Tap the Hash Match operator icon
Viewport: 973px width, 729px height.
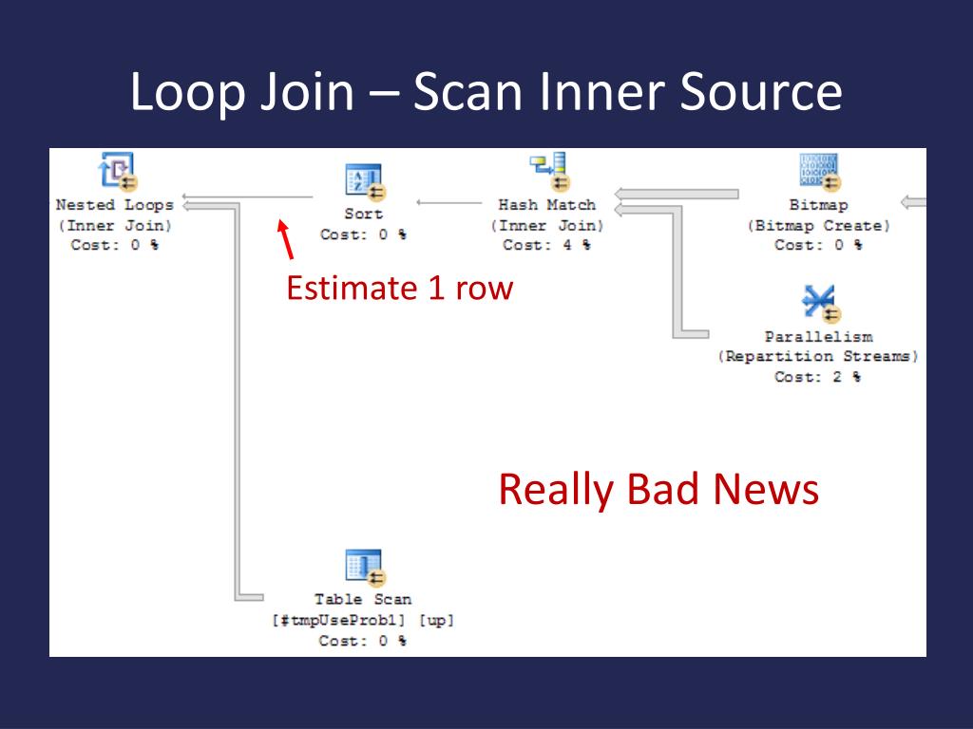[548, 172]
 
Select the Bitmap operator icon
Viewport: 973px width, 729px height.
[818, 172]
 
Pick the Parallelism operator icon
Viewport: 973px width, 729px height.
[818, 303]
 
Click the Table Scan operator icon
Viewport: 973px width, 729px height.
[364, 567]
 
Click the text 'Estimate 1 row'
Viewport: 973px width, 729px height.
[399, 288]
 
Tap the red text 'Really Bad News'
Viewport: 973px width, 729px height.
[658, 490]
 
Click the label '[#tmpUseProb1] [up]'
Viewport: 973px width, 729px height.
[363, 620]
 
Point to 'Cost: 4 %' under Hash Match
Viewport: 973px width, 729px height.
[546, 245]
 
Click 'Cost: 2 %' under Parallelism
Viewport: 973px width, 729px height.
[818, 377]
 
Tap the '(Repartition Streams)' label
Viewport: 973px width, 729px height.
[818, 357]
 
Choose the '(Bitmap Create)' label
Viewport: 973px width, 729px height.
[818, 225]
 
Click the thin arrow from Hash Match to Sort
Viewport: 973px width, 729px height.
[449, 202]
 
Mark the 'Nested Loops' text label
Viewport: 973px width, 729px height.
[115, 204]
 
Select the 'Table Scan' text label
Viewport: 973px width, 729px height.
[363, 599]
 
